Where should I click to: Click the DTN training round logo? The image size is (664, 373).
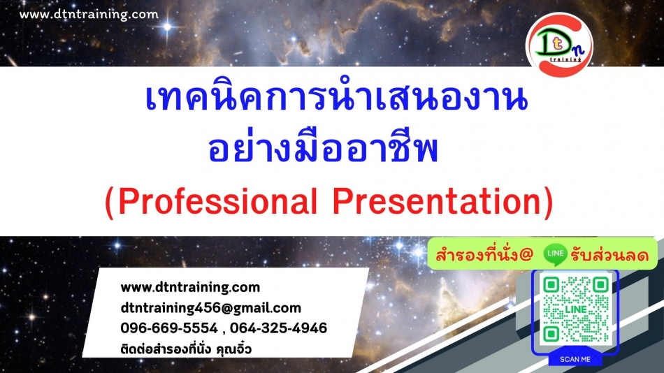pyautogui.click(x=559, y=45)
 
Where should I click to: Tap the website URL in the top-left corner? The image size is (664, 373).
pyautogui.click(x=89, y=15)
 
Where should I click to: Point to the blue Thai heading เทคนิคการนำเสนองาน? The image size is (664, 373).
pyautogui.click(x=336, y=97)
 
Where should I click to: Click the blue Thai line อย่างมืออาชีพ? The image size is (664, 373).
pyautogui.click(x=323, y=147)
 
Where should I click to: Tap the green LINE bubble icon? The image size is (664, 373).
pyautogui.click(x=555, y=254)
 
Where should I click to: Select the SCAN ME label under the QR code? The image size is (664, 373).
pyautogui.click(x=575, y=359)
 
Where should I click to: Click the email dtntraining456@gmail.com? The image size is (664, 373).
pyautogui.click(x=211, y=308)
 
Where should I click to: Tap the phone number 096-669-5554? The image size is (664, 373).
pyautogui.click(x=169, y=328)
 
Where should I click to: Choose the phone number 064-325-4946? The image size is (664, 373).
pyautogui.click(x=279, y=328)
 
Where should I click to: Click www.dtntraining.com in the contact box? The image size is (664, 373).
pyautogui.click(x=190, y=287)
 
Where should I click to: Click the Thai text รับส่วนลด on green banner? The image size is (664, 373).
pyautogui.click(x=609, y=255)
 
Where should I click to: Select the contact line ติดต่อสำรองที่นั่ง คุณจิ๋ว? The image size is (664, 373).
pyautogui.click(x=186, y=349)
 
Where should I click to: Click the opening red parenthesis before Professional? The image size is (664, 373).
pyautogui.click(x=109, y=203)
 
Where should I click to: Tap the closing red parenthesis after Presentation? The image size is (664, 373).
pyautogui.click(x=549, y=203)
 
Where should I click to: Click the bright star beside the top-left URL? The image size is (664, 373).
pyautogui.click(x=168, y=27)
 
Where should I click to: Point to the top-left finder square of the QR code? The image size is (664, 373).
pyautogui.click(x=551, y=285)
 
